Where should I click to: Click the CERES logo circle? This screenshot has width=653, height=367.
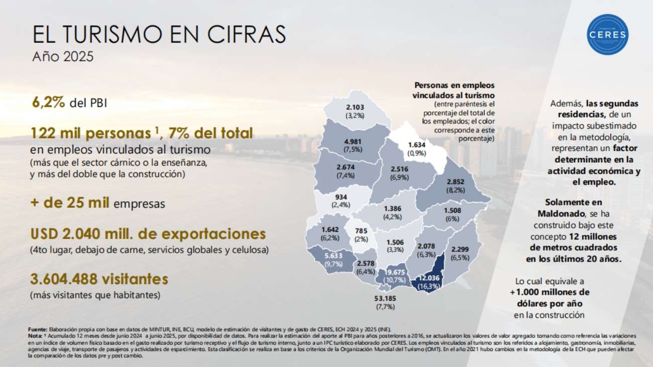pyautogui.click(x=608, y=34)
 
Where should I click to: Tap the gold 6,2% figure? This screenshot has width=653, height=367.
pyautogui.click(x=49, y=102)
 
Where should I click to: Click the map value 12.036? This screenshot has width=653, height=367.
pyautogui.click(x=430, y=279)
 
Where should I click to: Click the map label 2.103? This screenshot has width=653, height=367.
pyautogui.click(x=355, y=107)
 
